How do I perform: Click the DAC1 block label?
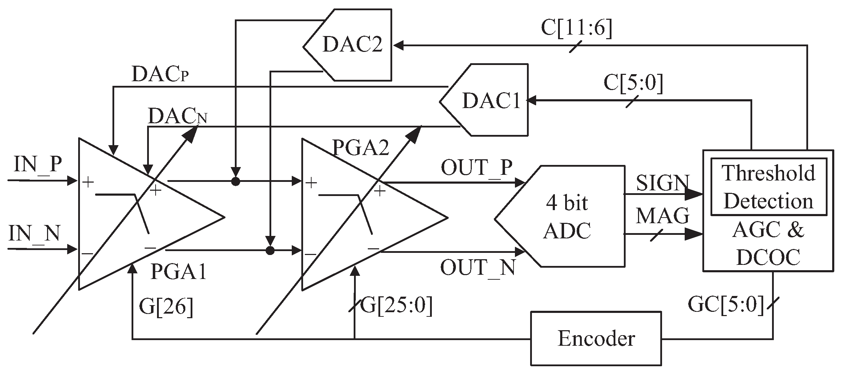click(x=491, y=101)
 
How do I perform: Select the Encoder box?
click(x=596, y=338)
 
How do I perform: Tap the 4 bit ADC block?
click(x=567, y=216)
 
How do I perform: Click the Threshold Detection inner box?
click(x=768, y=187)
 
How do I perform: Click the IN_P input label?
click(x=38, y=164)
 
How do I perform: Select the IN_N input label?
click(x=34, y=233)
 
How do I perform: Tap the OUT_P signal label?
click(x=476, y=167)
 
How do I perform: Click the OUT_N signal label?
click(x=477, y=267)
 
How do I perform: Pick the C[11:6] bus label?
click(x=576, y=28)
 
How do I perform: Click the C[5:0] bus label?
click(x=633, y=83)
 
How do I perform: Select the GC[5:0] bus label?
click(x=726, y=304)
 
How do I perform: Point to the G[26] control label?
click(x=166, y=307)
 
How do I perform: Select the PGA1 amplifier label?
click(x=179, y=272)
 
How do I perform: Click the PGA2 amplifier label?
click(x=361, y=148)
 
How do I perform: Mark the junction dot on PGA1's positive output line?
click(x=235, y=182)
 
